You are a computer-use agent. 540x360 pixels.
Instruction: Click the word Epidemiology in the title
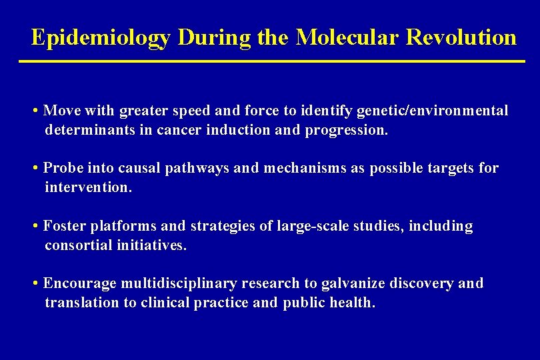(101, 37)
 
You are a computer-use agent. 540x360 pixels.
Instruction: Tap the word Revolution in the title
(461, 37)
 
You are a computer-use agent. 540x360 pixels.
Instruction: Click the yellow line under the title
(272, 62)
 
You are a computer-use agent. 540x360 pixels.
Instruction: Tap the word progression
(346, 129)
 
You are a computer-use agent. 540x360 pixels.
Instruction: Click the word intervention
(88, 187)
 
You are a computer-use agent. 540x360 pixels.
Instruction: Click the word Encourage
(80, 284)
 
